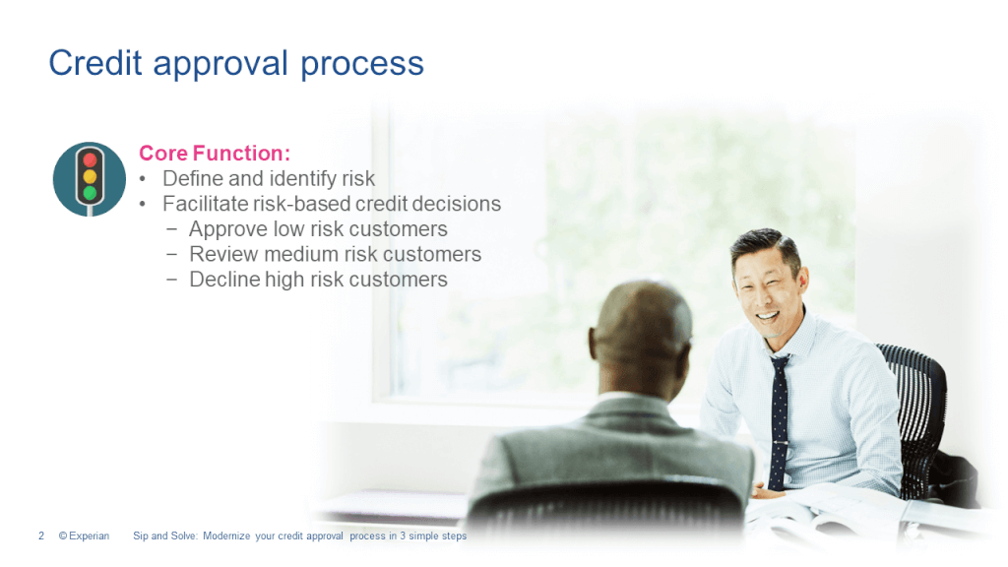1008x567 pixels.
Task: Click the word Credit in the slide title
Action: [91, 63]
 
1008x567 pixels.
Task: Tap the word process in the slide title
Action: [362, 65]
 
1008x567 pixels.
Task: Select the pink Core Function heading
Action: [215, 154]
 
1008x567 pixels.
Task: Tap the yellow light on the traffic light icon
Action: [91, 177]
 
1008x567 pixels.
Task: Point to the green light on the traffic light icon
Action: [91, 193]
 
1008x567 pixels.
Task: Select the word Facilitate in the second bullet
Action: [205, 205]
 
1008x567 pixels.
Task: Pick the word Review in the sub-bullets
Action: [223, 255]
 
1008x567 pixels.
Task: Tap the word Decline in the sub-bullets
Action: [224, 281]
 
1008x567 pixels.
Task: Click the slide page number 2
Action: [41, 536]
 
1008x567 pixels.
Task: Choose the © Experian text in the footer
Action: [84, 536]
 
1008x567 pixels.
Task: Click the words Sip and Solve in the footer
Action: [163, 536]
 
